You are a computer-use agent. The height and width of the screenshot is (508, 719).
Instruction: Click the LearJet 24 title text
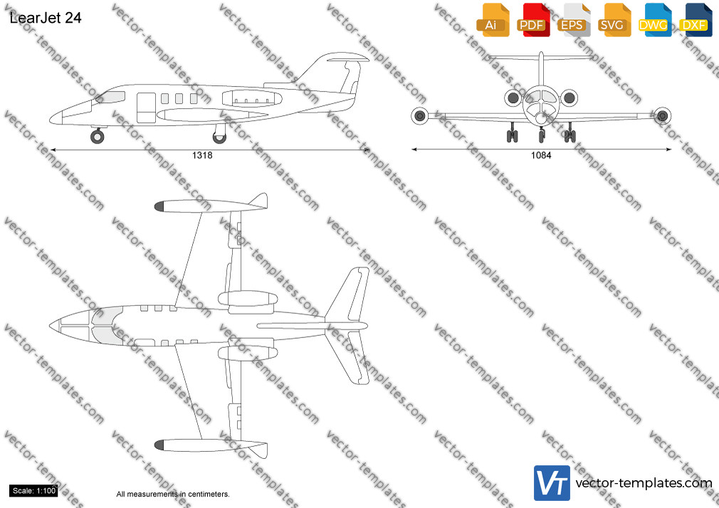[x=46, y=18]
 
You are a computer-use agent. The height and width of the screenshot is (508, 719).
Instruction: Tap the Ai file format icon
[x=493, y=20]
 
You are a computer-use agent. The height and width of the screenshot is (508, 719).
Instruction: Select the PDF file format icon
[x=533, y=20]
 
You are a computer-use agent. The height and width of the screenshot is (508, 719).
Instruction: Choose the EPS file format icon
[x=574, y=20]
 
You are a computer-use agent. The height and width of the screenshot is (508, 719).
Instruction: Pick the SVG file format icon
[x=614, y=20]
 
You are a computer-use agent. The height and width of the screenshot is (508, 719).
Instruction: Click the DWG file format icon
[x=655, y=20]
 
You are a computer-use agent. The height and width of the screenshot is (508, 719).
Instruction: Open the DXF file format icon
[x=696, y=20]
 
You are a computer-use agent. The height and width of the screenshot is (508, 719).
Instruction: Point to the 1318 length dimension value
[x=202, y=155]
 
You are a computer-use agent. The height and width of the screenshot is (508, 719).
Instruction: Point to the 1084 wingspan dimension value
[x=541, y=155]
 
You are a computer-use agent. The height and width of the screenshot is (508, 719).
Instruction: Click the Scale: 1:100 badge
[x=33, y=491]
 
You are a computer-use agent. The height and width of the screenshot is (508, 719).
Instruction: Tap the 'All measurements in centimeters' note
[x=173, y=494]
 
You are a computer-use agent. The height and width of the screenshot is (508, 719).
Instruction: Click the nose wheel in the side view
[x=98, y=136]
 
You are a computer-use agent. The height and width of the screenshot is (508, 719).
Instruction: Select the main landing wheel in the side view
[x=220, y=137]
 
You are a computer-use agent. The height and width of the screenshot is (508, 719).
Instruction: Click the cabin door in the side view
[x=146, y=107]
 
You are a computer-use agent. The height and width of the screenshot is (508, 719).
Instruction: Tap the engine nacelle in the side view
[x=252, y=99]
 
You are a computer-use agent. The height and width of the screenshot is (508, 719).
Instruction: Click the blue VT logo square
[x=552, y=483]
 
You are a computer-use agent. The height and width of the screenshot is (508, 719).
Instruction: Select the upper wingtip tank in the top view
[x=211, y=205]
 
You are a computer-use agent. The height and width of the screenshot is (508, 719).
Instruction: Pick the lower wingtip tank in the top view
[x=211, y=446]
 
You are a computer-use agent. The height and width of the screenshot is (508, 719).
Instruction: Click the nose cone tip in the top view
[x=50, y=326]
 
